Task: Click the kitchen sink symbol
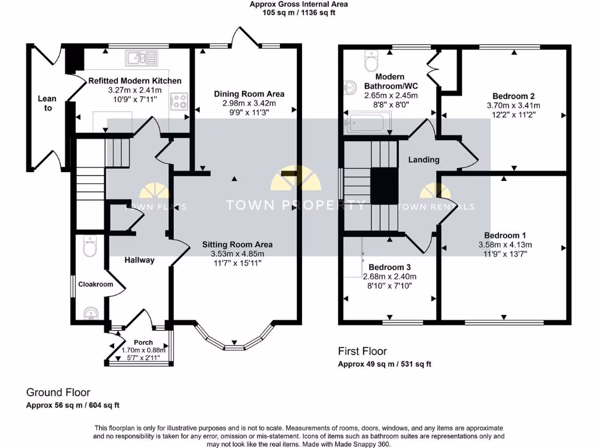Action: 141,58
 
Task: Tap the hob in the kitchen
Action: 179,101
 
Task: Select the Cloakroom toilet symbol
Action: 90,246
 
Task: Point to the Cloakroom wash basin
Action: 91,313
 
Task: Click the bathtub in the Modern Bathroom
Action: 368,122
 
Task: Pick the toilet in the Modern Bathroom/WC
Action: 371,61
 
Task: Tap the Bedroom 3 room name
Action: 389,267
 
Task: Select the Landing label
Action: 424,160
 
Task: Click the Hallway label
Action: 139,260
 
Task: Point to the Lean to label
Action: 47,103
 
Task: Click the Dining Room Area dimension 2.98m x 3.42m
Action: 249,103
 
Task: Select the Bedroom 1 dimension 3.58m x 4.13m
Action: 505,245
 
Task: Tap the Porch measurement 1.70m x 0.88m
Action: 143,350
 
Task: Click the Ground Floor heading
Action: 58,393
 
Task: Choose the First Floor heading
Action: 363,351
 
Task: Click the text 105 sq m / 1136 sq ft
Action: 298,13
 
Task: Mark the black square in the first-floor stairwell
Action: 385,186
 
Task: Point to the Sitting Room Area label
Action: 237,244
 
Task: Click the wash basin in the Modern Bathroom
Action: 350,87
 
